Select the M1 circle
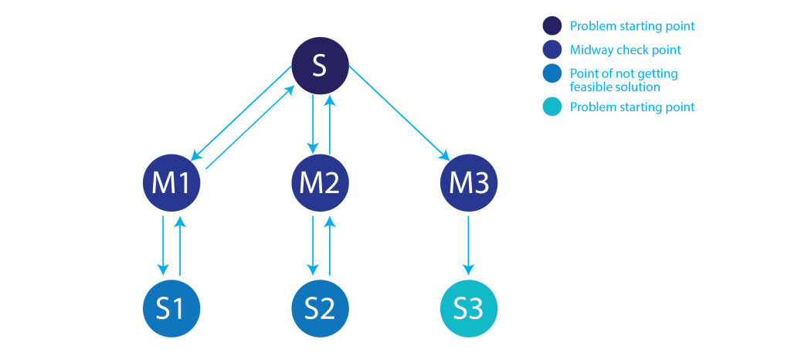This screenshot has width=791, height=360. point(171,183)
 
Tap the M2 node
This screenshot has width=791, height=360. point(320,183)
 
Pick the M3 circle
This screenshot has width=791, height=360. point(468,183)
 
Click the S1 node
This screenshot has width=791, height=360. point(171,309)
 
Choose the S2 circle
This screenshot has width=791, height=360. point(320,309)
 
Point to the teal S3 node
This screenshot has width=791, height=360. point(468,309)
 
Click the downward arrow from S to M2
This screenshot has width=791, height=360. point(312,124)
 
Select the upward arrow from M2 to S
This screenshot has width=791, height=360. point(329,124)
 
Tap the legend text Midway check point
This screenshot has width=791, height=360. point(626,50)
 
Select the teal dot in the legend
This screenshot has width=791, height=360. point(552,107)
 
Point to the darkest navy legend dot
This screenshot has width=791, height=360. point(552,25)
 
